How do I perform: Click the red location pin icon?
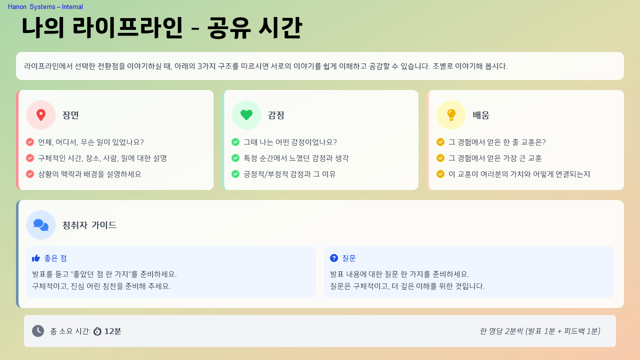click(41, 115)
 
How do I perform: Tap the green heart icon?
click(246, 115)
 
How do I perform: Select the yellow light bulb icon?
click(451, 115)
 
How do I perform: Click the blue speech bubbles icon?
click(41, 225)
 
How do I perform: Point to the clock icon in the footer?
click(38, 331)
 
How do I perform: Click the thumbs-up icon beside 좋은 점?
click(36, 258)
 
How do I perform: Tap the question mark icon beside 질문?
click(334, 258)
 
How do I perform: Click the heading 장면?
click(70, 115)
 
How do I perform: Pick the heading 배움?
click(481, 115)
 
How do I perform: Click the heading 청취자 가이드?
click(89, 225)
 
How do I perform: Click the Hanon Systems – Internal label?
click(45, 6)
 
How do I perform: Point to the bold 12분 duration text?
click(112, 331)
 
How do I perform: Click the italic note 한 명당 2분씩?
click(539, 331)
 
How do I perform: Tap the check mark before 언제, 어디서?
click(30, 142)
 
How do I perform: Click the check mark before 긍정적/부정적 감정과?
click(235, 174)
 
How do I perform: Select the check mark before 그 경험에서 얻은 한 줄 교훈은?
click(440, 142)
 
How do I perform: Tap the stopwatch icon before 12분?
click(97, 331)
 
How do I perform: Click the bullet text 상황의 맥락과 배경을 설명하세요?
click(89, 174)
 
